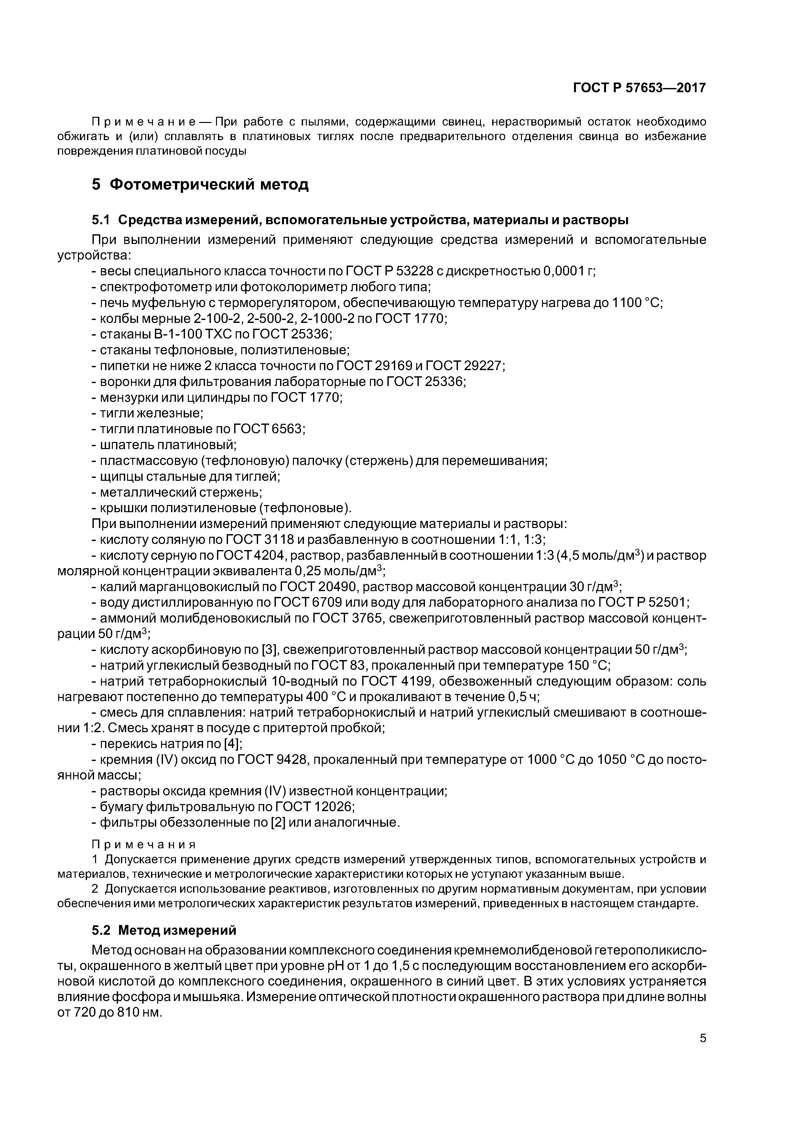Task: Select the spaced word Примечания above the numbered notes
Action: tap(144, 844)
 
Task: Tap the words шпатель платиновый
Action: tap(168, 445)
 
